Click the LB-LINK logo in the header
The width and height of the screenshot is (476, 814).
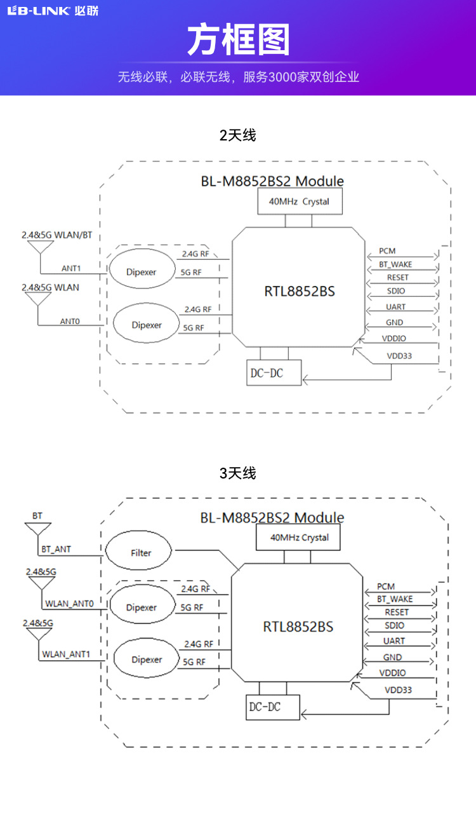pyautogui.click(x=53, y=11)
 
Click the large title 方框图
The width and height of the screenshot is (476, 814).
pyautogui.click(x=238, y=41)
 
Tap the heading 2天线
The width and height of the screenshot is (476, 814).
pyautogui.click(x=237, y=135)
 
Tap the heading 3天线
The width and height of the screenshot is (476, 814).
pyautogui.click(x=237, y=473)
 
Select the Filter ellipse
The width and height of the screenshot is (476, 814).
pyautogui.click(x=138, y=552)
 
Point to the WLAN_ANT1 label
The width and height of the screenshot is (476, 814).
pyautogui.click(x=66, y=654)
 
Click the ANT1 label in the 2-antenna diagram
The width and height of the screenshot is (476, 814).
pyautogui.click(x=71, y=268)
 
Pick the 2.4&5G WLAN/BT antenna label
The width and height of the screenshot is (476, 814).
pyautogui.click(x=56, y=235)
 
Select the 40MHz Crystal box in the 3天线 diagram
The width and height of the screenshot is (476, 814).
pyautogui.click(x=299, y=538)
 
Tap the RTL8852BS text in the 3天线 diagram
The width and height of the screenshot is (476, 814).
pyautogui.click(x=298, y=627)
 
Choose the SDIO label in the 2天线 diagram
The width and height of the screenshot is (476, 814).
pyautogui.click(x=395, y=292)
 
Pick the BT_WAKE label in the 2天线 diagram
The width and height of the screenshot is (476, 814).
pyautogui.click(x=395, y=264)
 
